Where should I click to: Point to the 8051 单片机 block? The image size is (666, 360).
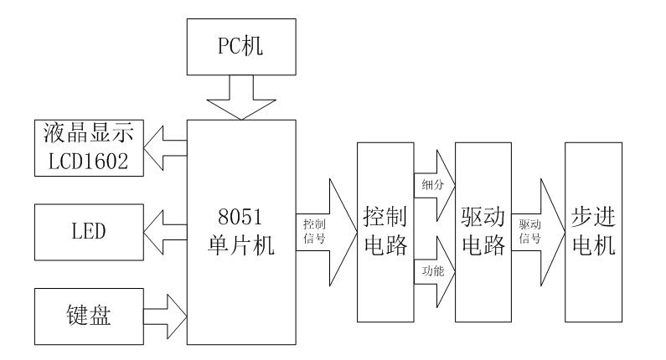click(241, 232)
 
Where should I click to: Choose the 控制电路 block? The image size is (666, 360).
click(385, 232)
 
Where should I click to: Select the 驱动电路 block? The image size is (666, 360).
click(483, 232)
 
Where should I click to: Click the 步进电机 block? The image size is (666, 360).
click(594, 232)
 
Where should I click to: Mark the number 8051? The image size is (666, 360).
click(241, 219)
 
